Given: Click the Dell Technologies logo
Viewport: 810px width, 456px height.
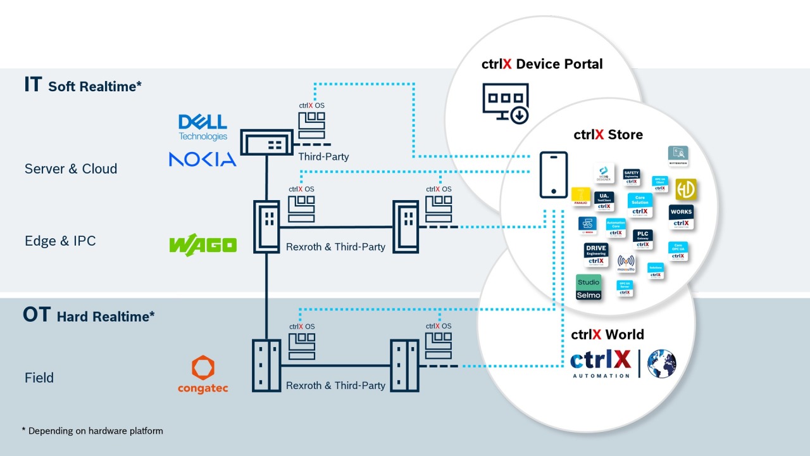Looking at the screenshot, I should point(202,127).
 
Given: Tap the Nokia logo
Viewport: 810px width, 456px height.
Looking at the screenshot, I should point(202,159).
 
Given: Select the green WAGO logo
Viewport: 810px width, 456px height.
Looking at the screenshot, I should point(202,244).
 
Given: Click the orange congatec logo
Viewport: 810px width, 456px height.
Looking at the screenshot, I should point(202,374).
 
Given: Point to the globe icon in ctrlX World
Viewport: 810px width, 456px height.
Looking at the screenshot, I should point(661,364).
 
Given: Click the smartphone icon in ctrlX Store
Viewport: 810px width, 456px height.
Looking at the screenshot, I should point(553,175).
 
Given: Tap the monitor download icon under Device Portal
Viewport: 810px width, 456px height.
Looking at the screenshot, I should point(505,103).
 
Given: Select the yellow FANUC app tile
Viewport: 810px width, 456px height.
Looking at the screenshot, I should point(580,196).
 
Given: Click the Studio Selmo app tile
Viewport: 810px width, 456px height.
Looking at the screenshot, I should point(589,288).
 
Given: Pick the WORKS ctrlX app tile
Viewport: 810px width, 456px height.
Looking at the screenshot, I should point(681,217).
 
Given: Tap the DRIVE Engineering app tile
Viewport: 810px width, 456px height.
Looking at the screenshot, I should point(596,255).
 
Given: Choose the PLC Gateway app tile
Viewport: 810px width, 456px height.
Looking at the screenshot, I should point(643,239).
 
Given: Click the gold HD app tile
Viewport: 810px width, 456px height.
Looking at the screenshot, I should point(685,189).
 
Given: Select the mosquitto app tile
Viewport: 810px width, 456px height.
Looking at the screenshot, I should point(626,263).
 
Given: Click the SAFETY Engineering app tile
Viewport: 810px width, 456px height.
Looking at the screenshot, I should point(632,177).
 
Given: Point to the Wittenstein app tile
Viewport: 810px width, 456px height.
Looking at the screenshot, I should point(678,155).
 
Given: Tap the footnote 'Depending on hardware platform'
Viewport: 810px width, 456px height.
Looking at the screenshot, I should point(95,431).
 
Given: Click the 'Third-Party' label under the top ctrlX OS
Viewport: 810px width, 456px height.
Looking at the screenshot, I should point(323,156).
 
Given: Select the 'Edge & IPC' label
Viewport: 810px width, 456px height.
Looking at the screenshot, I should point(60,241).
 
